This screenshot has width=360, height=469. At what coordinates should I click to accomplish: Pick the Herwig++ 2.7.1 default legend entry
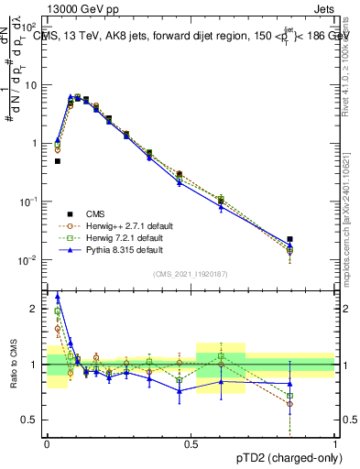110,225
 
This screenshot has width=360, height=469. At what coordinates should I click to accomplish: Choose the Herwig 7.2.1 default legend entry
108,237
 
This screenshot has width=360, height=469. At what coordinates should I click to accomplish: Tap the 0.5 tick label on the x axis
191,443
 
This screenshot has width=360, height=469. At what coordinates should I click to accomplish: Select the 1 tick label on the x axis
335,443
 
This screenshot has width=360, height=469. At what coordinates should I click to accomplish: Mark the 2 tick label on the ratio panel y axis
35,309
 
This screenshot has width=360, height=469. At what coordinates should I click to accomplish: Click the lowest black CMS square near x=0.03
57,161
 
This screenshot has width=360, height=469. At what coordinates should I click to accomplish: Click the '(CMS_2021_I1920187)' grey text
191,273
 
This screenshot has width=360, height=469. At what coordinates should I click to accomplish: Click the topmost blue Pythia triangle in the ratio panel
58,296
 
